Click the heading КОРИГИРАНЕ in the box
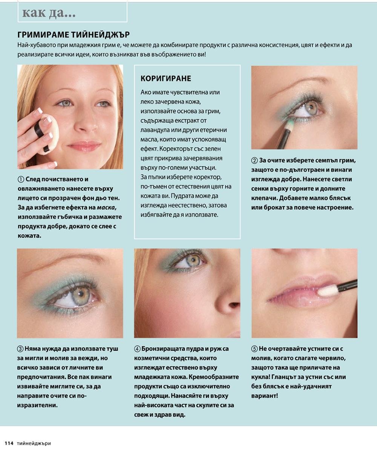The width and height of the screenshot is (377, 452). pos(166,78)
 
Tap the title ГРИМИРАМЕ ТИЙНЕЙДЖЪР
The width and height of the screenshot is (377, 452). pos(74,35)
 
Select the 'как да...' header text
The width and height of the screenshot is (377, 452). pos(49,13)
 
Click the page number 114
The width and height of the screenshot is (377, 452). pos(9,443)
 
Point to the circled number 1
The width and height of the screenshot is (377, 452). pos(21,179)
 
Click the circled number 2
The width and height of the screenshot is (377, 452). pos(254,160)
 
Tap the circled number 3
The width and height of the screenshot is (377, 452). pos(20,349)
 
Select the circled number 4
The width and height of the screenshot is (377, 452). pos(137,349)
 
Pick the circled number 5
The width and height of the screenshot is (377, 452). pos(254,349)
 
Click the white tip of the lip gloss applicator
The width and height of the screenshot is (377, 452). pos(327,290)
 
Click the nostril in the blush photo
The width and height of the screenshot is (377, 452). pos(234,305)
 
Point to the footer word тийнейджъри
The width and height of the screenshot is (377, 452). pos(34,443)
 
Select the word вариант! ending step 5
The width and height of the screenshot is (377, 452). pos(265,396)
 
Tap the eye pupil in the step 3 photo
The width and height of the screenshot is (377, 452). pos(81,294)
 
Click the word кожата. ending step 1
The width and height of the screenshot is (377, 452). pos(29,236)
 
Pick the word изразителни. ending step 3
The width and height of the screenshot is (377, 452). pos(37,405)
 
